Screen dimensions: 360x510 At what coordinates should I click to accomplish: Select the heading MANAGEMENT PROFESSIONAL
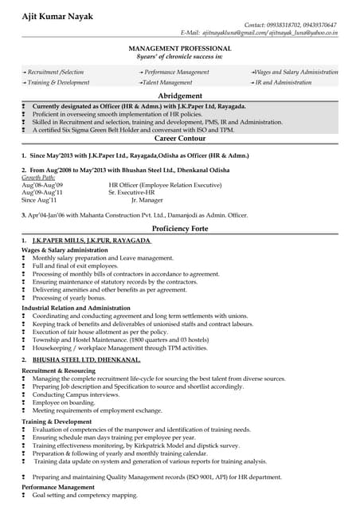(x=179, y=49)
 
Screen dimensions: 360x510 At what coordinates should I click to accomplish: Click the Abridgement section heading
(x=179, y=95)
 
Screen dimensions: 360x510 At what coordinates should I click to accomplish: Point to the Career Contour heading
(x=179, y=138)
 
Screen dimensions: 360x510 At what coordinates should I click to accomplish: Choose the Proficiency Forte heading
(x=179, y=227)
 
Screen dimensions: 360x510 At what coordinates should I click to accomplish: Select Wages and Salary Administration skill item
(x=295, y=72)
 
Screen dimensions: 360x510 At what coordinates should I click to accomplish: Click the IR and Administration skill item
(x=283, y=82)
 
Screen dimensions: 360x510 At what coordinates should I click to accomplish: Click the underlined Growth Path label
(x=38, y=177)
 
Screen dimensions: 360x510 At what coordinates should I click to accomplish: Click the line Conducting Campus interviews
(x=76, y=394)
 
